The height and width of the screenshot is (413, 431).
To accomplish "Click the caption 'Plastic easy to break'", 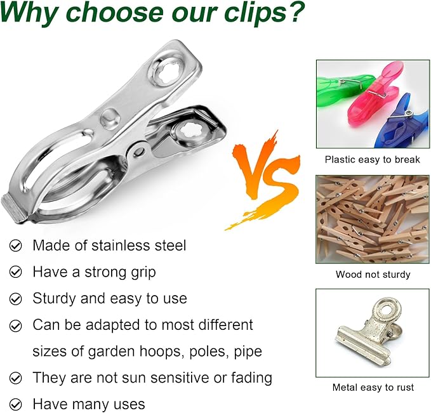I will (373, 160).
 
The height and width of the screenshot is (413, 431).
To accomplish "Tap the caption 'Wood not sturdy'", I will (373, 275).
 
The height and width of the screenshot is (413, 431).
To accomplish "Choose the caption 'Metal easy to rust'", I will (373, 388).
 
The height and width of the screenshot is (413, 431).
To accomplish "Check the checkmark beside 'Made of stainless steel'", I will (16, 246).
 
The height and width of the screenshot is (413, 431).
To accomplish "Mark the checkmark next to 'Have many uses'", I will (16, 404).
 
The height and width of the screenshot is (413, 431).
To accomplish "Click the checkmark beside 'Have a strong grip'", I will (16, 272).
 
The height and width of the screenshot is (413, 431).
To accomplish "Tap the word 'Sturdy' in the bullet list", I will (56, 298).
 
